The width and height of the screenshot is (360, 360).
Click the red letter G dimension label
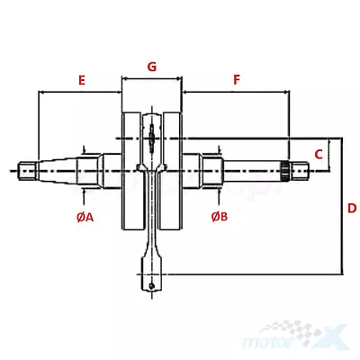pos(152,67)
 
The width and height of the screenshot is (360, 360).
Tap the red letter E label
pos(82,80)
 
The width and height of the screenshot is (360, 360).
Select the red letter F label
pos(237,80)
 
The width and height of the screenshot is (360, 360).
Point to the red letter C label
pos(319,154)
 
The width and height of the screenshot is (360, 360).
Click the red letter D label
pos(352,208)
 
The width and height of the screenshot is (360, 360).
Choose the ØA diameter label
pos(85,217)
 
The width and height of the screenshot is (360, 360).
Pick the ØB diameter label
pos(220,216)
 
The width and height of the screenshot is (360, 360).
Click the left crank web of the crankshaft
pos(131,171)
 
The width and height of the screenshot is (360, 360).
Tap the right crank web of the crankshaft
pos(172,171)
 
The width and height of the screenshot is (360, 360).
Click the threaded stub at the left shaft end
pos(27,171)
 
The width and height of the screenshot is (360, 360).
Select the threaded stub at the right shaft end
pos(300,171)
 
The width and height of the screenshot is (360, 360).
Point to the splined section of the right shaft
pos(285,171)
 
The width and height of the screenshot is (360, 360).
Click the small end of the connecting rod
pos(152,273)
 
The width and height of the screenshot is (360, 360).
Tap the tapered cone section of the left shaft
pos(57,171)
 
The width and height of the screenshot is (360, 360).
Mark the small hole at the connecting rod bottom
pos(152,285)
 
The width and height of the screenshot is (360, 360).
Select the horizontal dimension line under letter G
pos(152,79)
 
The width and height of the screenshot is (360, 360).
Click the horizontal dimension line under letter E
pos(80,92)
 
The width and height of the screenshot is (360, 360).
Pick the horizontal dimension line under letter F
pos(236,92)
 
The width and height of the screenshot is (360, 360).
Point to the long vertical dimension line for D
pos(342,206)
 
